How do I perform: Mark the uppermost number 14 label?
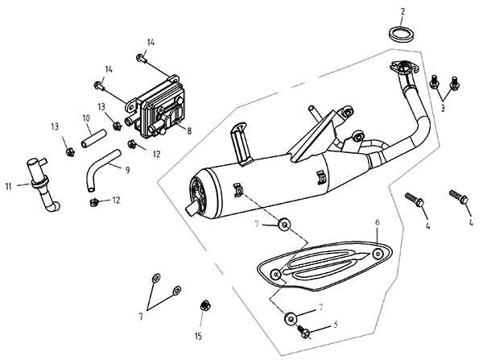pos(150,42)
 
